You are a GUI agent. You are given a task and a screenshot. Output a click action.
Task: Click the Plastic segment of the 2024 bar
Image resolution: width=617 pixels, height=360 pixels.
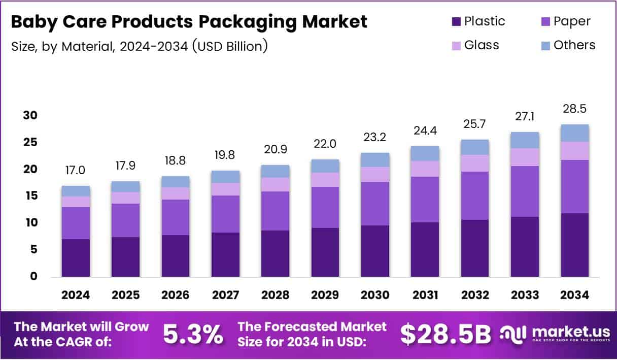pyautogui.click(x=75, y=257)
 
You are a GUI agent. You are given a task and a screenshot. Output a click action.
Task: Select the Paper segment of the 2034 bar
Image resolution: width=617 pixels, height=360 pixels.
pyautogui.click(x=574, y=186)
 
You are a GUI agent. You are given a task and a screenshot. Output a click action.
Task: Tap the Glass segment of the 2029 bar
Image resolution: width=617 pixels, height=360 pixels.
pyautogui.click(x=325, y=179)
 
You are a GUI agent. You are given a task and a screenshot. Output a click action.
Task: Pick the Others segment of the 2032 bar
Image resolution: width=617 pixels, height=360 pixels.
pyautogui.click(x=474, y=147)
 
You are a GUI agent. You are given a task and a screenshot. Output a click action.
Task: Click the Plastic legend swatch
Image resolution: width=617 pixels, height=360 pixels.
pyautogui.click(x=456, y=22)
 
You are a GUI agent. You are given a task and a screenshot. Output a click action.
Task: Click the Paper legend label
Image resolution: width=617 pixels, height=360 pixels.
pyautogui.click(x=572, y=21)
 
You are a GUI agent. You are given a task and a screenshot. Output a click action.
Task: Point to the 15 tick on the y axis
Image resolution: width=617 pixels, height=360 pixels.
pyautogui.click(x=30, y=196)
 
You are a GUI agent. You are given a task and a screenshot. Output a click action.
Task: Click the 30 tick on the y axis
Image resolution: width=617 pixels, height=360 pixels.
pyautogui.click(x=30, y=115)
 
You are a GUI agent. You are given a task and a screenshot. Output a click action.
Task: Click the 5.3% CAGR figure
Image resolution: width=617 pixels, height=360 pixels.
pyautogui.click(x=193, y=334)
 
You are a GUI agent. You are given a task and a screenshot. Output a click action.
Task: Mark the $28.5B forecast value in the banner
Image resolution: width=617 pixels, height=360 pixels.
pyautogui.click(x=445, y=334)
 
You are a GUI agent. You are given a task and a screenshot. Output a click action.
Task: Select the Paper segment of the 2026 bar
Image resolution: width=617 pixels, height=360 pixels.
pyautogui.click(x=175, y=217)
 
